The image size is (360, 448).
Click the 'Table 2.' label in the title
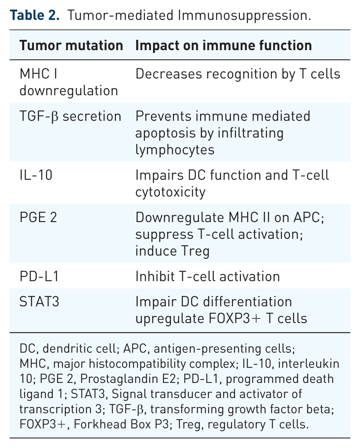click(x=34, y=15)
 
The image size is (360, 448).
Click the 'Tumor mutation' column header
click(x=71, y=46)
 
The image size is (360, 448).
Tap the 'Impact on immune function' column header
click(x=223, y=46)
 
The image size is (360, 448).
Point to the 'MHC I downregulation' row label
click(x=69, y=82)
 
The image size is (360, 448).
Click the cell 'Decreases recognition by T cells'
click(x=238, y=74)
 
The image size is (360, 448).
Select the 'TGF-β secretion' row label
click(x=70, y=117)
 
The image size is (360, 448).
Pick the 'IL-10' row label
click(x=36, y=175)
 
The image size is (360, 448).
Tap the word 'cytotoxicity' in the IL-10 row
click(x=171, y=192)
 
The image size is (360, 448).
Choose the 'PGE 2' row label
click(x=38, y=217)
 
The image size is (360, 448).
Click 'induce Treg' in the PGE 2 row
click(x=173, y=252)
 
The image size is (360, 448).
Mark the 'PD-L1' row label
click(x=39, y=276)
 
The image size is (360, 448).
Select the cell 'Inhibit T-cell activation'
click(x=208, y=276)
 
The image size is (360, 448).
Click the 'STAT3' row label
click(x=39, y=302)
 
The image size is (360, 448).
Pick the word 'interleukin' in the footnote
click(x=309, y=364)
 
